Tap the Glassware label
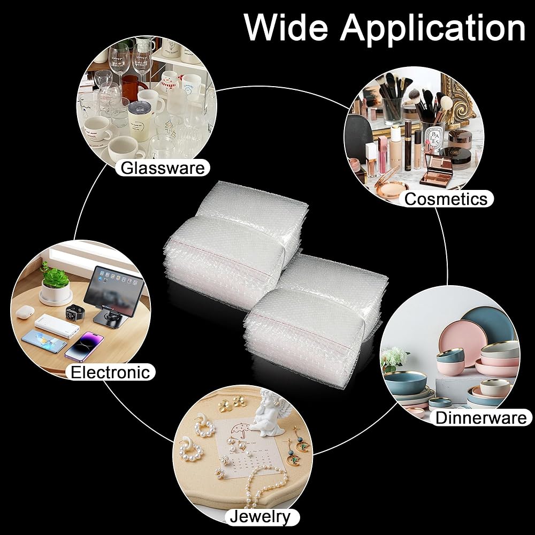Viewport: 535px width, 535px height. tap(163, 168)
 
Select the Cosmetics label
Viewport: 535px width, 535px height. tap(446, 199)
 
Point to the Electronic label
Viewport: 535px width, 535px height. tap(110, 372)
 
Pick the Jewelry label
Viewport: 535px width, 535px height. tap(260, 517)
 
